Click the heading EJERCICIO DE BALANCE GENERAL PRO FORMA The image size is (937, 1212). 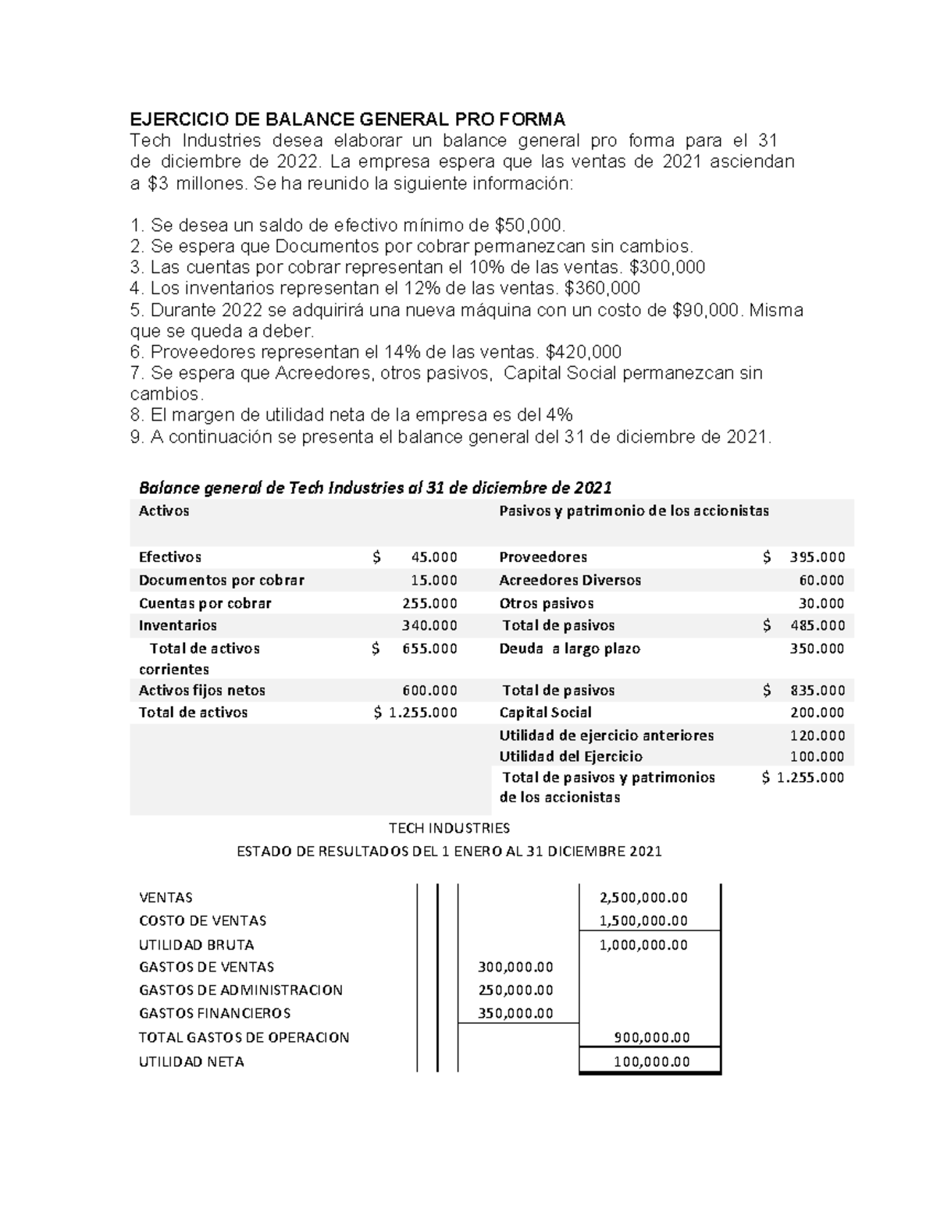[347, 119]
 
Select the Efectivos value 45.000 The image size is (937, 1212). [433, 557]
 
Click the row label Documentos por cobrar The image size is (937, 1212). [221, 580]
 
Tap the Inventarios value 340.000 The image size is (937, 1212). [429, 625]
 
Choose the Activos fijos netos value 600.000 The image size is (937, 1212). [429, 690]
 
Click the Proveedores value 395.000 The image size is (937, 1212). [817, 557]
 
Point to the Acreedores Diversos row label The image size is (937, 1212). [569, 580]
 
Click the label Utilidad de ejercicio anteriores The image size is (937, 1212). [606, 735]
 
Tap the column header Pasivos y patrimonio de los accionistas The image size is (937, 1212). [633, 511]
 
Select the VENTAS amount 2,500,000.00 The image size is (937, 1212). [643, 897]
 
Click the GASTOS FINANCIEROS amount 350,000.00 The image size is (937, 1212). [515, 1013]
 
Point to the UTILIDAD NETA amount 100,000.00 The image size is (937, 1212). [652, 1061]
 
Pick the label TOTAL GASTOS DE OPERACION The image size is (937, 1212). [244, 1037]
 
